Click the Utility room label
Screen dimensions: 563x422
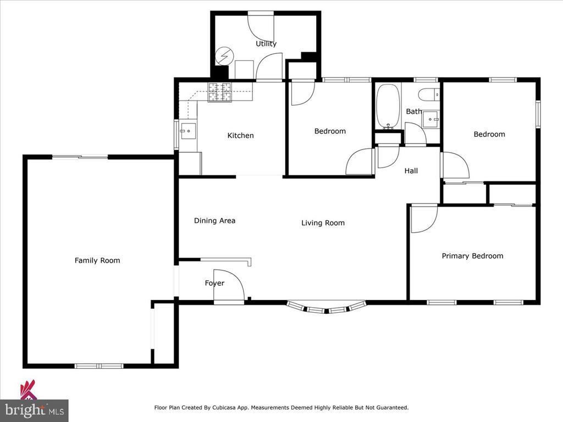266,44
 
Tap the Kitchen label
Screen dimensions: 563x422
241,135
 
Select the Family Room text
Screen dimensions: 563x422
97,260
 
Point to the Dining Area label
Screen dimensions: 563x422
215,221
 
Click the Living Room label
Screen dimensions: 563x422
323,223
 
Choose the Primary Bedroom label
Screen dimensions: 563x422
472,256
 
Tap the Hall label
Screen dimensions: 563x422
411,171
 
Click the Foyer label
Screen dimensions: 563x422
215,283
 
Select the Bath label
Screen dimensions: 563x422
413,111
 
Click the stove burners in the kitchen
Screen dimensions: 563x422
220,92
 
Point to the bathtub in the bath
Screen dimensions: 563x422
388,107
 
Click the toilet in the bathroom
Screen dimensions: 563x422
429,95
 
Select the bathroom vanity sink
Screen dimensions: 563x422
430,119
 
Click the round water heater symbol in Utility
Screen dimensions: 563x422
224,57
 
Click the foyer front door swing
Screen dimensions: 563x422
229,286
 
